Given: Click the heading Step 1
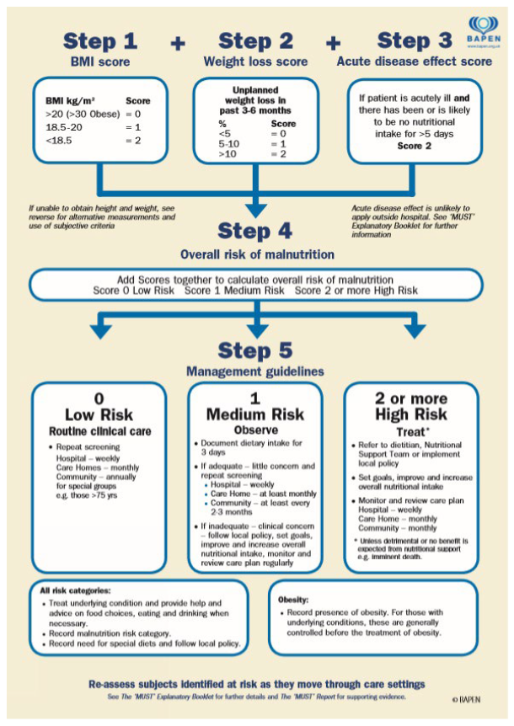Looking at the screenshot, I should [99, 40].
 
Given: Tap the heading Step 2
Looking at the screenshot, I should [256, 40].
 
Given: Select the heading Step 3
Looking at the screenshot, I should [415, 40].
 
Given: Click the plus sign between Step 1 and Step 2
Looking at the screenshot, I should [178, 43].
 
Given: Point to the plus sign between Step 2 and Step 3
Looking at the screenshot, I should [335, 43].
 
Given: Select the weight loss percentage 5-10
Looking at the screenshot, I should [227, 144].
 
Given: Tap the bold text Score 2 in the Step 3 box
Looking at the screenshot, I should [415, 147].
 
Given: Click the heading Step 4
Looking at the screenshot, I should [256, 231].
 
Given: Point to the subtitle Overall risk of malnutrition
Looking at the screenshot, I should [256, 255].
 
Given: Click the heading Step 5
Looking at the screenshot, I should [256, 350].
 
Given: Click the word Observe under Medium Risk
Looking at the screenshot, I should [254, 430].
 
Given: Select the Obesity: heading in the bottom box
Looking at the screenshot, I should [295, 599].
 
